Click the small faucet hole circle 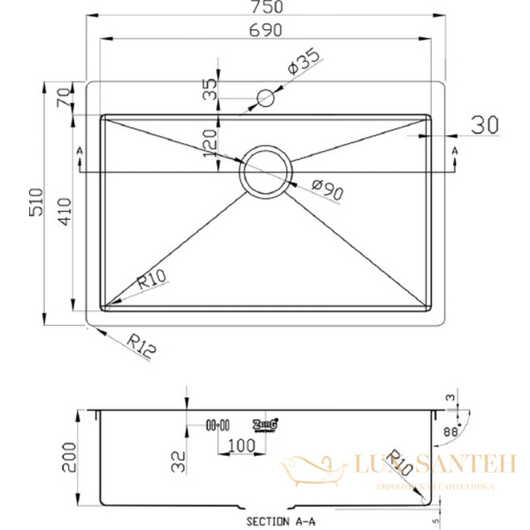coord(263,98)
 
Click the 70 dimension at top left coord(62,97)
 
